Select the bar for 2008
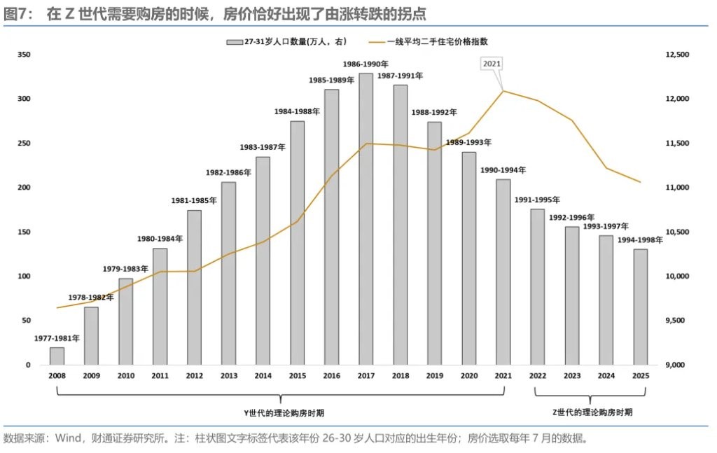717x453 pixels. point(57,356)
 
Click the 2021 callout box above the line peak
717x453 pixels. point(492,64)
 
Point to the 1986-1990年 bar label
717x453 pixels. point(366,64)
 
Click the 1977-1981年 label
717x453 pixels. point(57,338)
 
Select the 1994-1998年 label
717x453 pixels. point(640,240)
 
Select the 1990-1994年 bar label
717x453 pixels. point(503,170)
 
